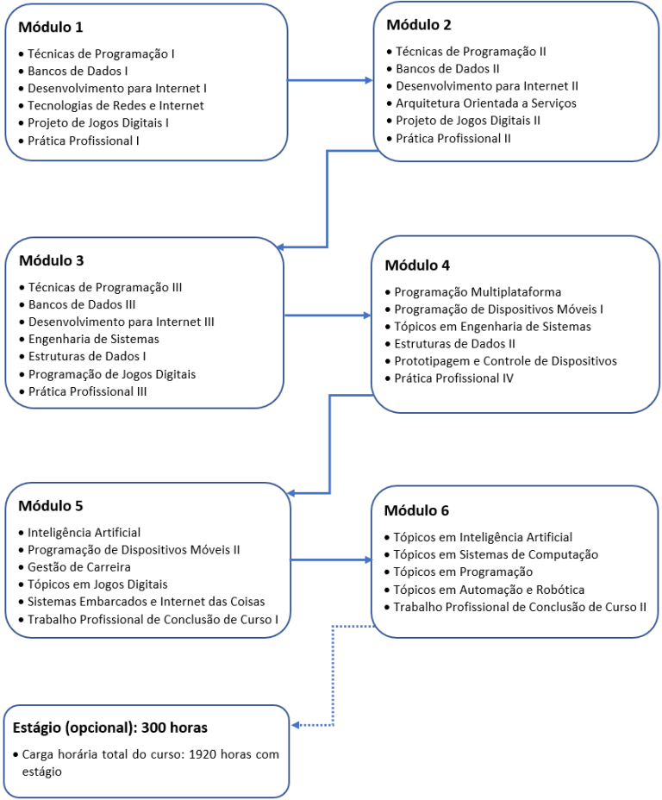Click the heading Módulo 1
point(51,27)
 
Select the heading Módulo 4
point(417,266)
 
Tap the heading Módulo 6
point(416,510)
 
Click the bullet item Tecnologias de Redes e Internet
point(116,106)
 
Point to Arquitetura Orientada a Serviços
point(486,103)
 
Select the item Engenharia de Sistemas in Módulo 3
point(94,340)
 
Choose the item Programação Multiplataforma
point(478,292)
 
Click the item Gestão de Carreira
point(79,567)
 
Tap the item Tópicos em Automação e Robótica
point(489,590)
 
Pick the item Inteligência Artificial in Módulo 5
point(84,533)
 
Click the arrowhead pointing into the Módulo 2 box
point(369,80)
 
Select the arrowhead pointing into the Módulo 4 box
point(367,316)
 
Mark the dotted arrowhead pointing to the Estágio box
point(297,725)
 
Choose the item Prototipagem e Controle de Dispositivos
point(505,361)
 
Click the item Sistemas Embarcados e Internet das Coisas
point(147,602)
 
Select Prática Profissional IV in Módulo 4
point(454,378)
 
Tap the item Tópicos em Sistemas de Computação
point(496,555)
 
